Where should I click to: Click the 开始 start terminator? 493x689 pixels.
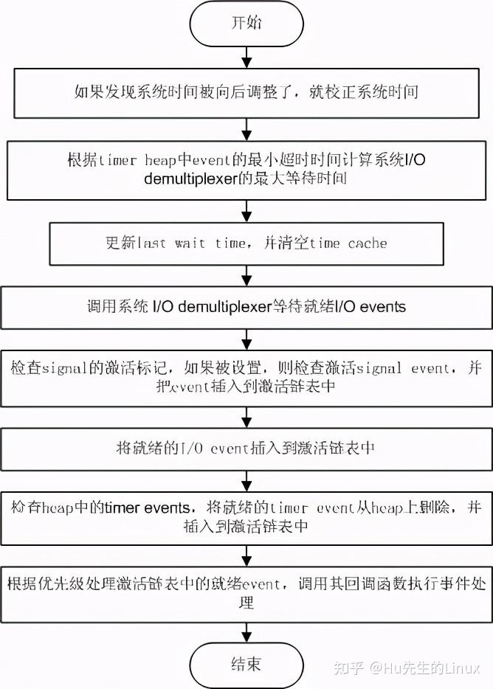246,25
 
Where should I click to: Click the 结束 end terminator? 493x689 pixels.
246,664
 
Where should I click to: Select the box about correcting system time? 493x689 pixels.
246,93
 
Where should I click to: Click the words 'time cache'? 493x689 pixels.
348,243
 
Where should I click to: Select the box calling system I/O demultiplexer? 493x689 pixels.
246,306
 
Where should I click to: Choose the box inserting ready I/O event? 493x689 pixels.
246,447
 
